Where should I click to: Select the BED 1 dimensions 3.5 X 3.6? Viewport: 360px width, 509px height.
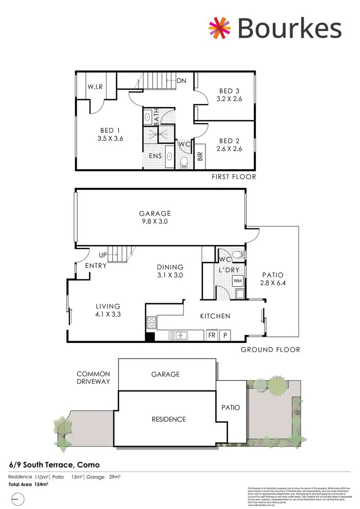(x=107, y=139)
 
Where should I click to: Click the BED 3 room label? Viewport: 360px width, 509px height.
(x=229, y=91)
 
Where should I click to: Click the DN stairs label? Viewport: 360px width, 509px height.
(x=181, y=81)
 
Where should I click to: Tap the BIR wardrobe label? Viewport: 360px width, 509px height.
(x=200, y=155)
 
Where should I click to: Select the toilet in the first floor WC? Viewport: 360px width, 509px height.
(x=183, y=162)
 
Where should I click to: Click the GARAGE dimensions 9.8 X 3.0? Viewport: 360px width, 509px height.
(x=155, y=222)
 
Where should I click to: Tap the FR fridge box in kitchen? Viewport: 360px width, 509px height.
(x=211, y=335)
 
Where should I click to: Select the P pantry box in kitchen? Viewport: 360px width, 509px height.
(x=224, y=335)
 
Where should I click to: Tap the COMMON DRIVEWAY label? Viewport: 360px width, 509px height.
(x=93, y=378)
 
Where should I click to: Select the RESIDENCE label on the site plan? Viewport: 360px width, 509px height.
(x=168, y=419)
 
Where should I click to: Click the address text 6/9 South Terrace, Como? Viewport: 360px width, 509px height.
(x=55, y=465)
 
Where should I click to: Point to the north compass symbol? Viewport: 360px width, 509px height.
(x=17, y=499)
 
